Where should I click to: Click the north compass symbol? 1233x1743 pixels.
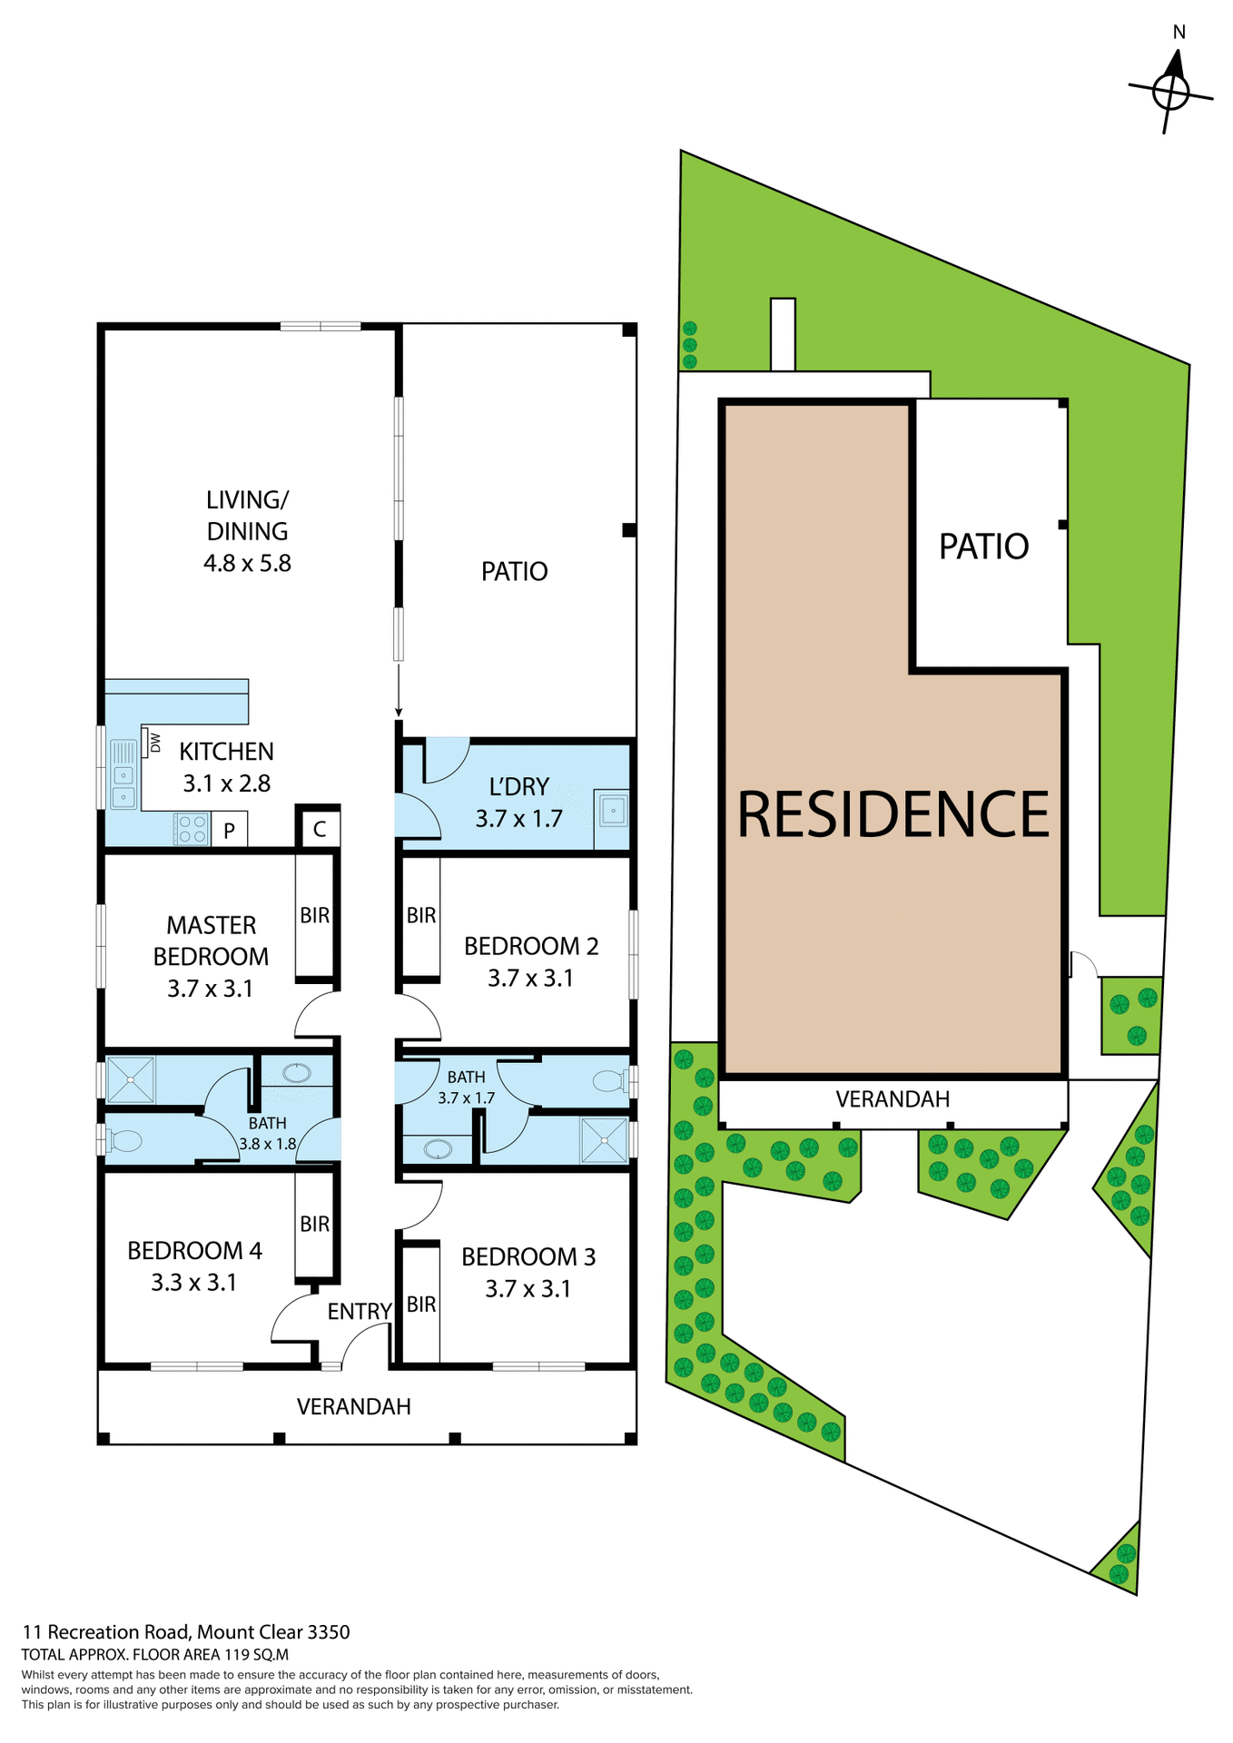[x=1171, y=90]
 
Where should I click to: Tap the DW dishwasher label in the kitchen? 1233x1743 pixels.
[x=155, y=742]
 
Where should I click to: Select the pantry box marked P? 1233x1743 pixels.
[x=230, y=829]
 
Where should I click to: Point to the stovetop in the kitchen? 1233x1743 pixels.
[x=192, y=828]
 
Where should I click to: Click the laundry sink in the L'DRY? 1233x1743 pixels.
[x=614, y=809]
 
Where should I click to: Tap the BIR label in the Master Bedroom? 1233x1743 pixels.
[x=315, y=915]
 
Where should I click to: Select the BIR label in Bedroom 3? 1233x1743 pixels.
[x=421, y=1305]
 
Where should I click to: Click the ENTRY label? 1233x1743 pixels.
[x=360, y=1311]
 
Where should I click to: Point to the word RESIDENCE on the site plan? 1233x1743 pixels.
[x=893, y=813]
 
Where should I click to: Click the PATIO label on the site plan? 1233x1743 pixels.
[x=983, y=547]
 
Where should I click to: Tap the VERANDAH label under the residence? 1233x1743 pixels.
[x=893, y=1099]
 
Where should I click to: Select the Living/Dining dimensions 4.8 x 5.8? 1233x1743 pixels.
[x=247, y=563]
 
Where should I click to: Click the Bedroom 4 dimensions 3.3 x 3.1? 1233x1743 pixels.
[x=194, y=1282]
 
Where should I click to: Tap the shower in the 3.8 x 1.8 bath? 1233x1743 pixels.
[x=131, y=1079]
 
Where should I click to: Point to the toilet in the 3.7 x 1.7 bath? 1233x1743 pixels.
[x=609, y=1080]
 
